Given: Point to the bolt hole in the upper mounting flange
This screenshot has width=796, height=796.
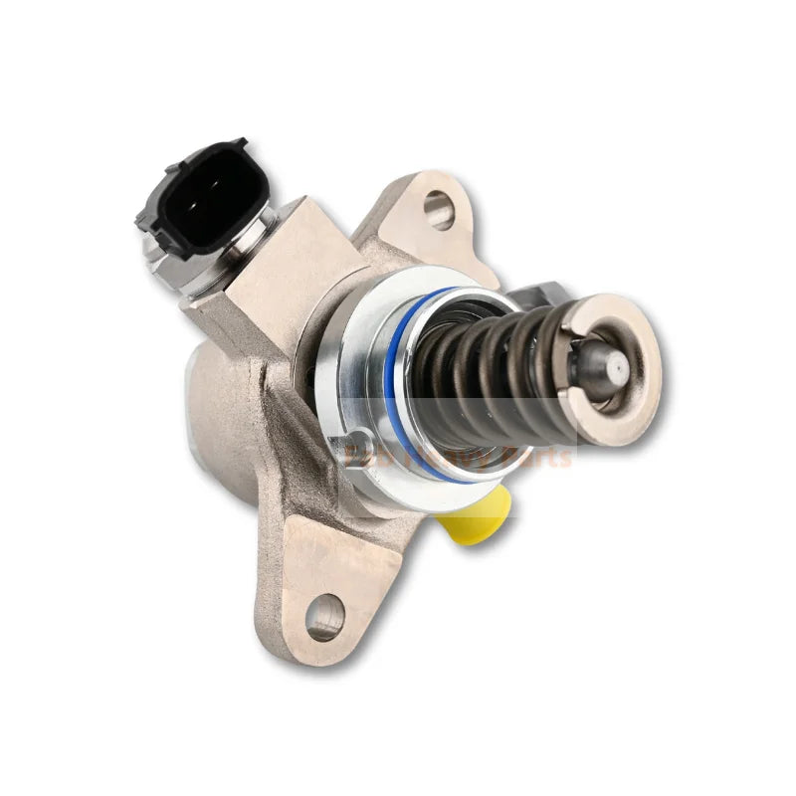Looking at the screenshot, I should point(437,206).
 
